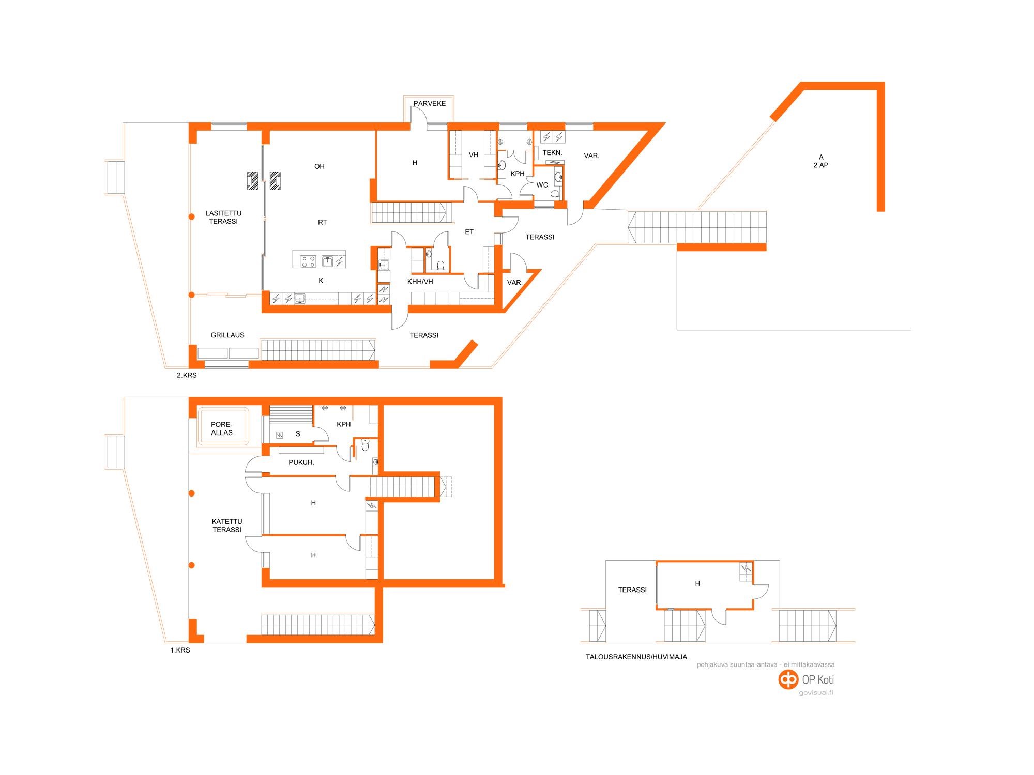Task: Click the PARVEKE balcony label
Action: (430, 103)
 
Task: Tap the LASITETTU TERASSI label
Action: (223, 217)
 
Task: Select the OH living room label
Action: (320, 166)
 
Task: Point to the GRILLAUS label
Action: (227, 335)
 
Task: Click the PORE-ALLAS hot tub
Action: (222, 428)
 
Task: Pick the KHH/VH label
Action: (420, 282)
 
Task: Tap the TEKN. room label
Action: (552, 152)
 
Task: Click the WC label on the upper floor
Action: (542, 185)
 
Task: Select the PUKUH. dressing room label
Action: (301, 462)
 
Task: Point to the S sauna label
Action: (298, 434)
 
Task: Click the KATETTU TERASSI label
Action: (227, 525)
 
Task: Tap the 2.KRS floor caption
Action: (187, 375)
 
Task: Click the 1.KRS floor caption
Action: (180, 650)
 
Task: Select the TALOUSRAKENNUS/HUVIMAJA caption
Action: (636, 657)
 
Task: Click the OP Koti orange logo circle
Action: (788, 680)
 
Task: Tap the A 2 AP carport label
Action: (821, 161)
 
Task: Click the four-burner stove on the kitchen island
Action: (309, 261)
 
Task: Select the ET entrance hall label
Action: (469, 231)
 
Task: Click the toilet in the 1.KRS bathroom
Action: (366, 445)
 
